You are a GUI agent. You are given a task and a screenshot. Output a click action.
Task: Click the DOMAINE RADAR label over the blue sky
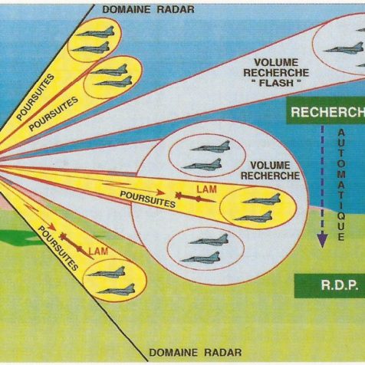point(148,10)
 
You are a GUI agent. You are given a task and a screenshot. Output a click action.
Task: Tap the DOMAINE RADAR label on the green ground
point(196,353)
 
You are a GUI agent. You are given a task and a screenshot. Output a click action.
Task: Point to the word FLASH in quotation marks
point(276,83)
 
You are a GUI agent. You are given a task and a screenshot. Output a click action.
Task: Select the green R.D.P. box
point(330,285)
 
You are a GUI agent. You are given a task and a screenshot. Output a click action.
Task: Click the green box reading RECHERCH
point(326,111)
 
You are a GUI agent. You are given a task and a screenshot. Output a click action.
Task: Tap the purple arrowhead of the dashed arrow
point(322,239)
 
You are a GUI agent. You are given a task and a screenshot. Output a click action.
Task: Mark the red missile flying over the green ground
point(76,246)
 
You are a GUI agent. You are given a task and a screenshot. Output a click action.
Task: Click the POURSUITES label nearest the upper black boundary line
point(35,97)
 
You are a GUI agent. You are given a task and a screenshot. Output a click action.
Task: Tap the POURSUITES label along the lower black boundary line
point(58,248)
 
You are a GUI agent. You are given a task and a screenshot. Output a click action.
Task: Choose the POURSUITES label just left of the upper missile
point(148,199)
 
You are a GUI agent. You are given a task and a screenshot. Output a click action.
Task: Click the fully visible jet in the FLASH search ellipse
point(344,48)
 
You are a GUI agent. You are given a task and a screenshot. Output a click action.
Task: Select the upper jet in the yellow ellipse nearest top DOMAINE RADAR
point(95,31)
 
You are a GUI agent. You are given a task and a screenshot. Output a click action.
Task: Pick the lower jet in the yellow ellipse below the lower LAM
point(116,290)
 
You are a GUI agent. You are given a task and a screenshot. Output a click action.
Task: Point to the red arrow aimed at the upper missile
point(133,188)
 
